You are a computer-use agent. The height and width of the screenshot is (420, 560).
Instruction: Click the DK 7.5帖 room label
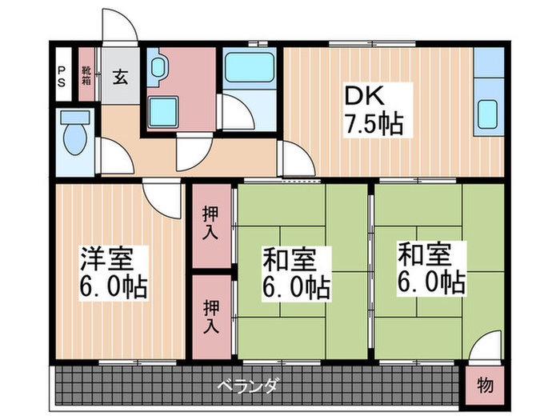(373, 110)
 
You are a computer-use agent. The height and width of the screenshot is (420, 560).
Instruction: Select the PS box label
(61, 81)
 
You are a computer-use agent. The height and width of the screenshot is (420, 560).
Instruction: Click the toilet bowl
(76, 137)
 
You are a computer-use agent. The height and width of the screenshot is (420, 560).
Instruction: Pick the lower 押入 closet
(210, 316)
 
